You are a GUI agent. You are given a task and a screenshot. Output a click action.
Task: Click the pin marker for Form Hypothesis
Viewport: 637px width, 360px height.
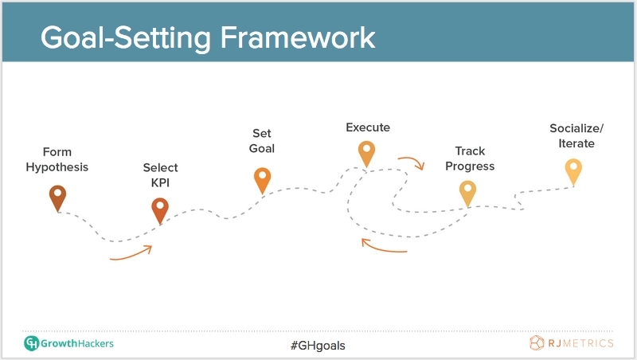(x=57, y=198)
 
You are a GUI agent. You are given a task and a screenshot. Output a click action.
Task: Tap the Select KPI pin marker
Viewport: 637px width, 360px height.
(x=160, y=210)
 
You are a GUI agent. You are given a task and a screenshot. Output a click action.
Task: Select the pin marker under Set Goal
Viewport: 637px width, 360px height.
(x=263, y=180)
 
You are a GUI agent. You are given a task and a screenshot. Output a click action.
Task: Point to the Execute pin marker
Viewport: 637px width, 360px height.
(x=366, y=154)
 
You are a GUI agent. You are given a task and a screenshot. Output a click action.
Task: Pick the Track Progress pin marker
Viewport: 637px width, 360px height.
(x=467, y=194)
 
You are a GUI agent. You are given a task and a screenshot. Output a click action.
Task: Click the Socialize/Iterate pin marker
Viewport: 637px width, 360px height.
(x=573, y=171)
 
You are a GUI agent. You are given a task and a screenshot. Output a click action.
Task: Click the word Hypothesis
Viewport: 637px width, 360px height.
(x=57, y=167)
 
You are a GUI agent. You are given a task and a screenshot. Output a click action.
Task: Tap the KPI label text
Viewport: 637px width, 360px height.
(x=160, y=183)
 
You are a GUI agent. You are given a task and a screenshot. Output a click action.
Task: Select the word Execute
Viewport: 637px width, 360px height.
(x=368, y=127)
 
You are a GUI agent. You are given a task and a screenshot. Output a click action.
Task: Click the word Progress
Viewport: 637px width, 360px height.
(x=470, y=166)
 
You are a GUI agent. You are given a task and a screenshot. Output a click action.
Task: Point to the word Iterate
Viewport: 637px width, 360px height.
(x=576, y=143)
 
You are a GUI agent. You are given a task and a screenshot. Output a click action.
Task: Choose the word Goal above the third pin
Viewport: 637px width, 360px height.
(x=262, y=149)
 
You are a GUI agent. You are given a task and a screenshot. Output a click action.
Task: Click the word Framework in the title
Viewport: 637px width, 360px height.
(x=298, y=37)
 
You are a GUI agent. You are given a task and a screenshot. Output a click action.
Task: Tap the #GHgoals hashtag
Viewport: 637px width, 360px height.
(x=318, y=346)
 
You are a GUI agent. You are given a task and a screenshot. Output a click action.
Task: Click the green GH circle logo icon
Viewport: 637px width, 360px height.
(x=31, y=343)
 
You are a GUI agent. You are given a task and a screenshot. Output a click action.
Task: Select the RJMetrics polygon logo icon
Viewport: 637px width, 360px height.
(x=537, y=343)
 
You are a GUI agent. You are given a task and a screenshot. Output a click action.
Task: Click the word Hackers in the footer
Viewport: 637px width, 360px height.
(x=96, y=344)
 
